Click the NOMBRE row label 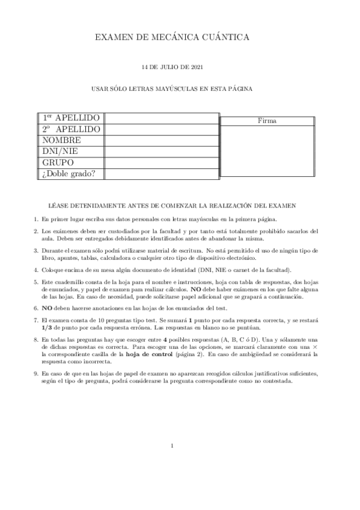click(62, 140)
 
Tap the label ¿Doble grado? click(70, 174)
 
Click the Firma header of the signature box click(267, 120)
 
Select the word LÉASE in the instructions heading click(59, 206)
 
